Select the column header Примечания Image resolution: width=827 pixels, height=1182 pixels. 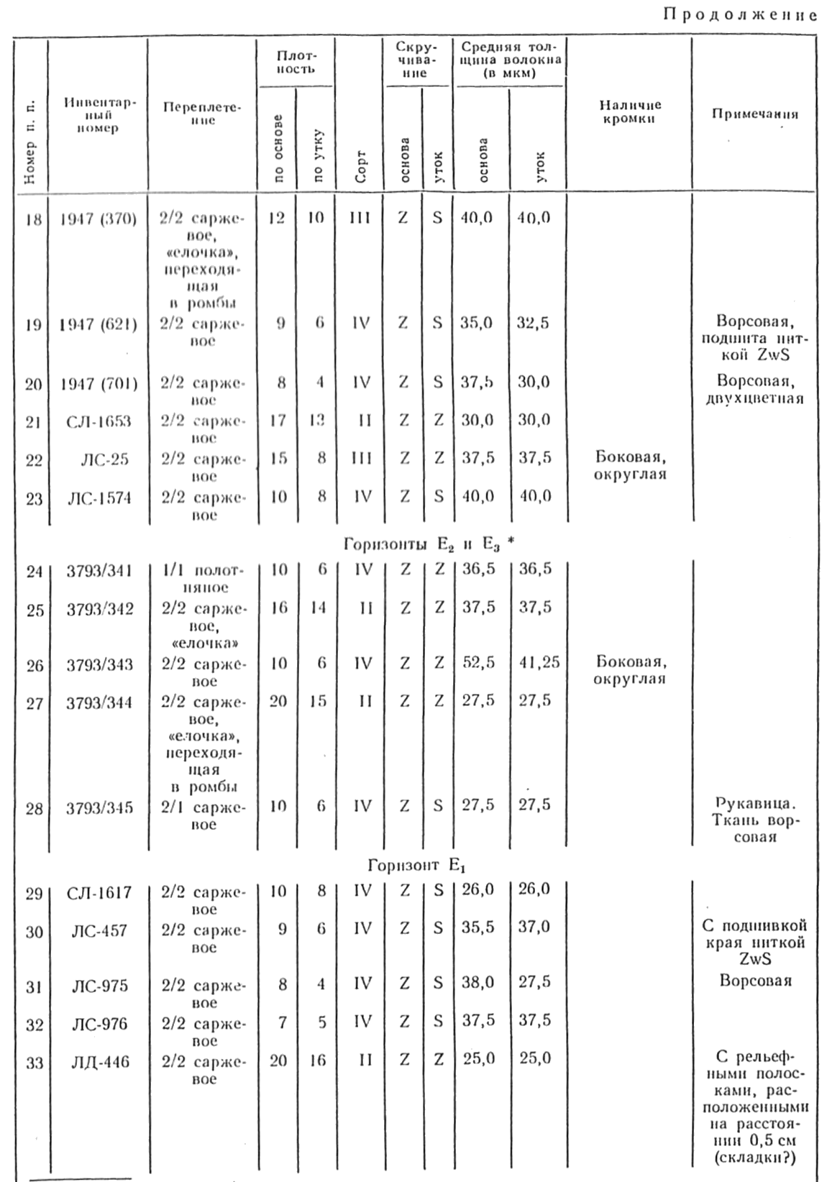(x=754, y=114)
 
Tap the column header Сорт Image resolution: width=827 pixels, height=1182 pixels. (x=361, y=167)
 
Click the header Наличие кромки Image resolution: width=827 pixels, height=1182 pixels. (x=630, y=112)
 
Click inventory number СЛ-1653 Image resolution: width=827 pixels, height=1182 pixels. (x=99, y=421)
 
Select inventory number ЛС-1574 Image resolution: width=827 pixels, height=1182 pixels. (x=99, y=498)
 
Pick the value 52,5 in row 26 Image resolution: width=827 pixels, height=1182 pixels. (x=478, y=663)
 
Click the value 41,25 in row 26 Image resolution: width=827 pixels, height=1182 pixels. (x=539, y=663)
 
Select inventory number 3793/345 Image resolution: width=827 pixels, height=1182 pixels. (x=99, y=807)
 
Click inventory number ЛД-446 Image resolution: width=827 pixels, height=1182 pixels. (x=100, y=1061)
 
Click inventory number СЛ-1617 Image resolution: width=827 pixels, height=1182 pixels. (x=99, y=893)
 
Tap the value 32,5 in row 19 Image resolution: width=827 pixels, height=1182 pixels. (x=533, y=324)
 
